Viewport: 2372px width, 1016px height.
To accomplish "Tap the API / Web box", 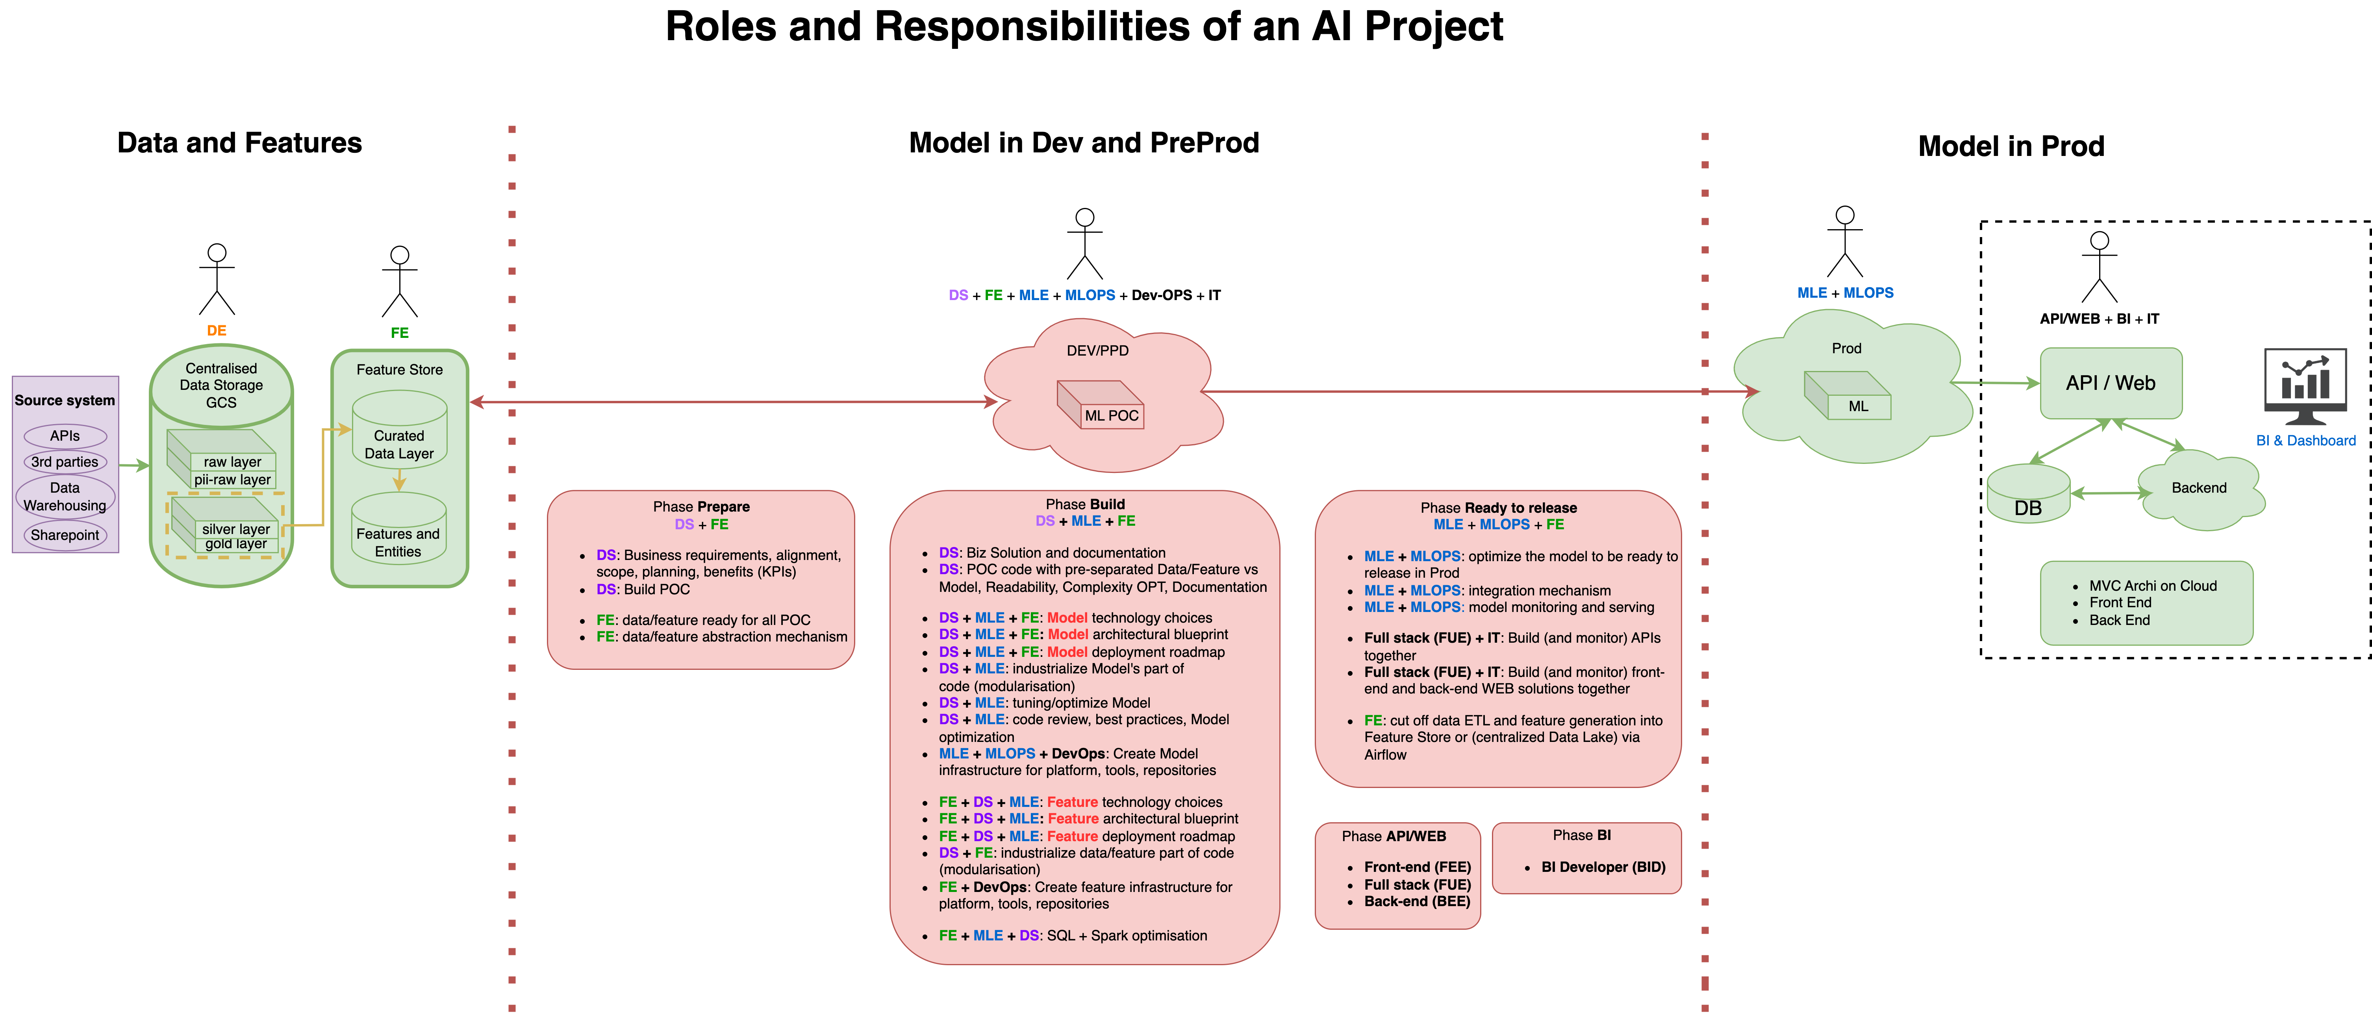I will pyautogui.click(x=2111, y=383).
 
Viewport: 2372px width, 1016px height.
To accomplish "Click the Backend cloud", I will pyautogui.click(x=2199, y=488).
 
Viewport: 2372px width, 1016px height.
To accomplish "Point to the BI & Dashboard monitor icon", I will pyautogui.click(x=2305, y=387).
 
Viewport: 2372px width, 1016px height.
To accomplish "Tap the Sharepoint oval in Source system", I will pyautogui.click(x=65, y=535).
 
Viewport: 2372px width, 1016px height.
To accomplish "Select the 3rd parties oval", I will pyautogui.click(x=65, y=462).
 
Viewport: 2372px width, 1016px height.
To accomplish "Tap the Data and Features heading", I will pyautogui.click(x=239, y=143).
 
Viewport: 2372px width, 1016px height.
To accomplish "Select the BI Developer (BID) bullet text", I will pyautogui.click(x=1603, y=867).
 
